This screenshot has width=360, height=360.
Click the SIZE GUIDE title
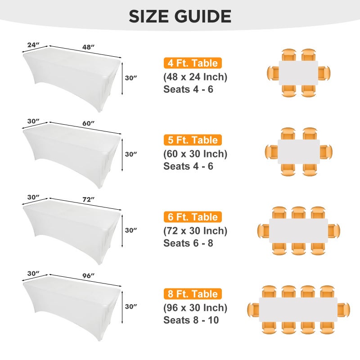[180, 16]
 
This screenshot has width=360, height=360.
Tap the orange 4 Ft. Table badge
[193, 63]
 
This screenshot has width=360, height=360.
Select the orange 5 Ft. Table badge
[193, 140]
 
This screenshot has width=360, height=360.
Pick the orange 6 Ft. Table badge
[193, 217]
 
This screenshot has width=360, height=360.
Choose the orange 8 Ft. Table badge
[193, 294]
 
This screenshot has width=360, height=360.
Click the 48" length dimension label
[89, 46]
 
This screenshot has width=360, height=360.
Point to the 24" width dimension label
[33, 45]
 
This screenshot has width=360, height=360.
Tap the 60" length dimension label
[89, 123]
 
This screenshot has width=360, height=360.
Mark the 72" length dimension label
[89, 199]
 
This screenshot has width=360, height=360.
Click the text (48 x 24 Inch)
[195, 76]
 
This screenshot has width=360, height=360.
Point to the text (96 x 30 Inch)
[195, 308]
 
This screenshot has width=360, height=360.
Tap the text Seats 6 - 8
[188, 243]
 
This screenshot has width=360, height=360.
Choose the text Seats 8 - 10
[191, 320]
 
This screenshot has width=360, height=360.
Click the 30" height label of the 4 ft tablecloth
[131, 78]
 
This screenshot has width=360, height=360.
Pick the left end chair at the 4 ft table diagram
[273, 73]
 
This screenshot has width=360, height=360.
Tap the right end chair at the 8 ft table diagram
[344, 309]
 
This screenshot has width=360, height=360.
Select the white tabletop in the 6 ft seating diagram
[298, 230]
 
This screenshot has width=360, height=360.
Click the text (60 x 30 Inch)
[195, 153]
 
